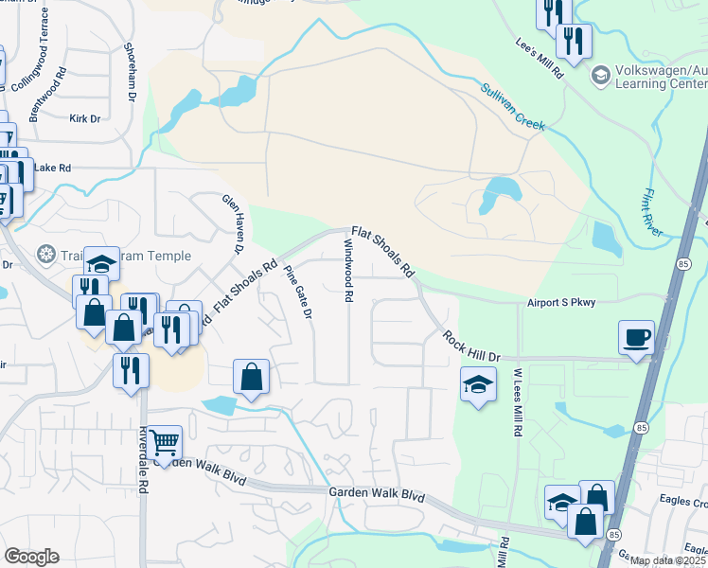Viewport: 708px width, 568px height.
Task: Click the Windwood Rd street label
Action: pyautogui.click(x=348, y=270)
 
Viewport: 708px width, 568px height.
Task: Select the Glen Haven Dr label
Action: pyautogui.click(x=233, y=222)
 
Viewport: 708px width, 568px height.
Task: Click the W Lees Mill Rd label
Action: pyautogui.click(x=518, y=401)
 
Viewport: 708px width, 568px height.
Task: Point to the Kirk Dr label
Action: pyautogui.click(x=84, y=118)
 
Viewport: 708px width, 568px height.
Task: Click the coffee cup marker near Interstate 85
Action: pyautogui.click(x=636, y=338)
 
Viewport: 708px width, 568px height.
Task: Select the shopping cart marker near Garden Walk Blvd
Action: pyautogui.click(x=165, y=442)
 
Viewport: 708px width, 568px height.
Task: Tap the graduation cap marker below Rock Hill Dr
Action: pyautogui.click(x=478, y=385)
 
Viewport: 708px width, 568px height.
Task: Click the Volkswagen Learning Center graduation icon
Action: pyautogui.click(x=599, y=74)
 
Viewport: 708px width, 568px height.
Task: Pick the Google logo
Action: pyautogui.click(x=32, y=557)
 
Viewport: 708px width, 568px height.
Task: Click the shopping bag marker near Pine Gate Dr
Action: pyautogui.click(x=251, y=377)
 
